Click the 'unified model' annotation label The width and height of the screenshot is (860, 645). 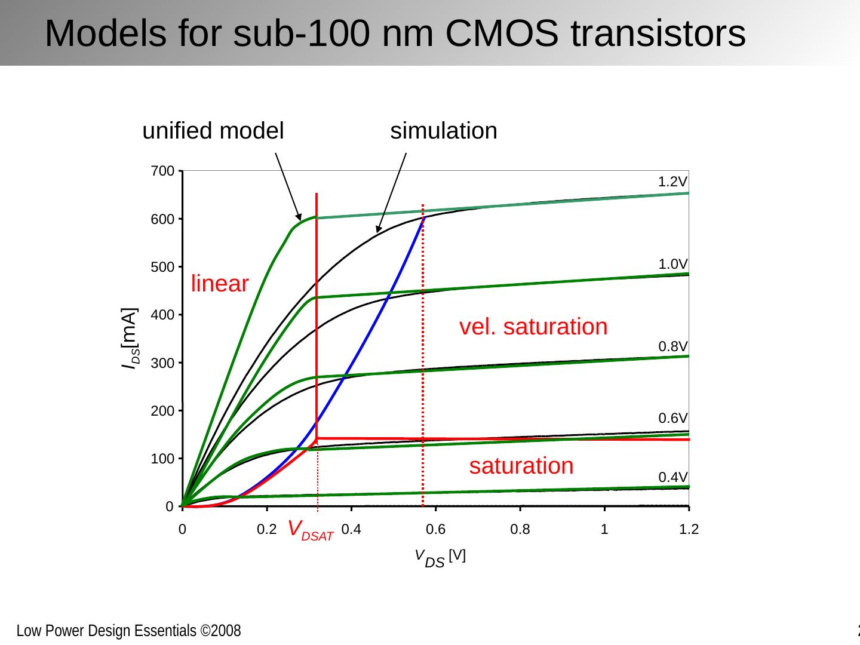click(213, 131)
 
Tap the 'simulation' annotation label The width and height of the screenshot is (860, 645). click(443, 131)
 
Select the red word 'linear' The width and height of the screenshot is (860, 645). click(219, 284)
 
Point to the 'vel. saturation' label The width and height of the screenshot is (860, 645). click(533, 327)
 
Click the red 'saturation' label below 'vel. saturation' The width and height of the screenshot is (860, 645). click(521, 465)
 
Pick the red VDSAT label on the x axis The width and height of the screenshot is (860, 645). click(310, 530)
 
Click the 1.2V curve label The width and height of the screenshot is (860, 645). click(672, 182)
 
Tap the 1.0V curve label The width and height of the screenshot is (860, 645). click(672, 264)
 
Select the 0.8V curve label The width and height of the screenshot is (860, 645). click(672, 346)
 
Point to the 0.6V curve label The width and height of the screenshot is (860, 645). click(672, 418)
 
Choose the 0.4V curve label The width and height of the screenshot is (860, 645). click(672, 477)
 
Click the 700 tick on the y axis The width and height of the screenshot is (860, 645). click(162, 171)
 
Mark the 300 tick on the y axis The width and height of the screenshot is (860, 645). click(162, 363)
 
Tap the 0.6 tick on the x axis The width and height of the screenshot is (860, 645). click(435, 530)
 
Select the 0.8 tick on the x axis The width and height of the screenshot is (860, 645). click(520, 530)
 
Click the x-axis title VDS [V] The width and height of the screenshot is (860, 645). click(440, 558)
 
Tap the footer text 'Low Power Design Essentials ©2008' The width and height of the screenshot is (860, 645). click(128, 631)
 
